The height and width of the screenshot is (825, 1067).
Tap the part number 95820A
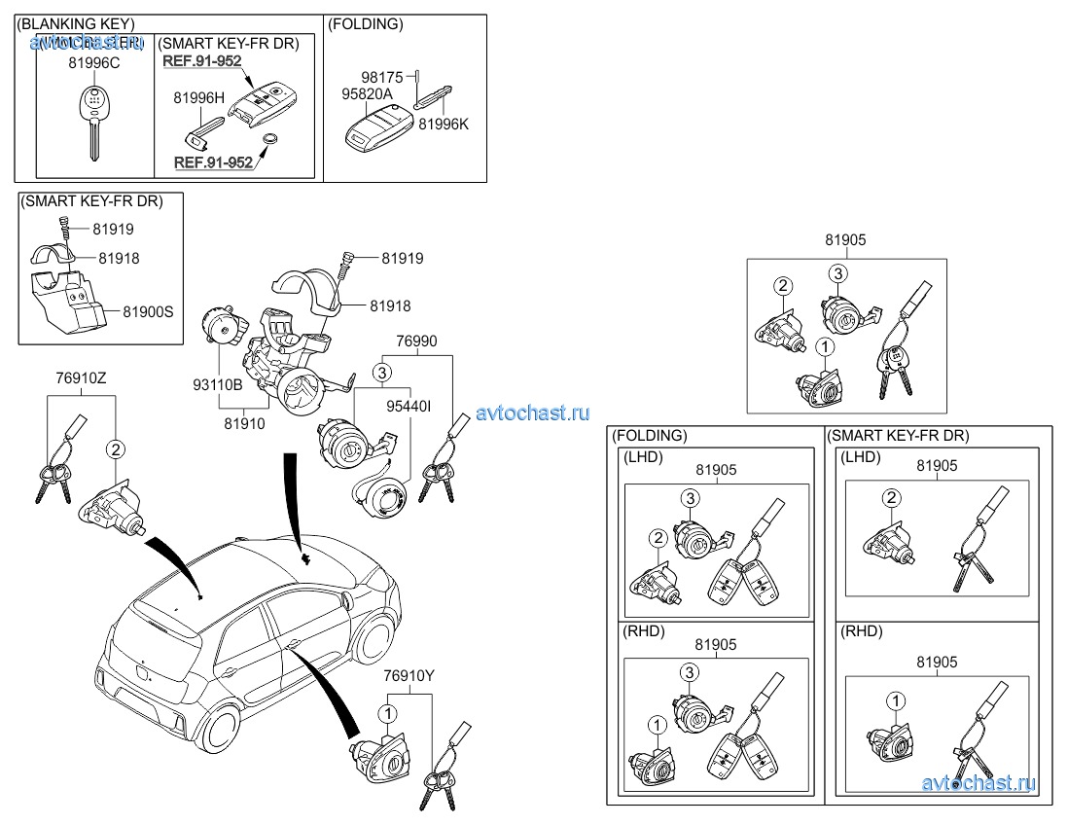coord(367,94)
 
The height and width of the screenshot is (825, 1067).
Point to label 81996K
coord(444,124)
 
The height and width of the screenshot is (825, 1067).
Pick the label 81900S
coord(148,311)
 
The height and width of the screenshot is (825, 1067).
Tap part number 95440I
coord(409,406)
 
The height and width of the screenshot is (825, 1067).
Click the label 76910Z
coord(82,377)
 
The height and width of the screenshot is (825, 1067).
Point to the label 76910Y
coord(409,675)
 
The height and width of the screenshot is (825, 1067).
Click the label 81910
coord(245,423)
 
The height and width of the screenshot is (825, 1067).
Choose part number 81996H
coord(198,97)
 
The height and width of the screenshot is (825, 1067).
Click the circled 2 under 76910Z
coord(115,449)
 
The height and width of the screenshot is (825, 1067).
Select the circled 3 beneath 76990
coord(383,372)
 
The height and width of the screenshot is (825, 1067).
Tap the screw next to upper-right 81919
coord(345,260)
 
